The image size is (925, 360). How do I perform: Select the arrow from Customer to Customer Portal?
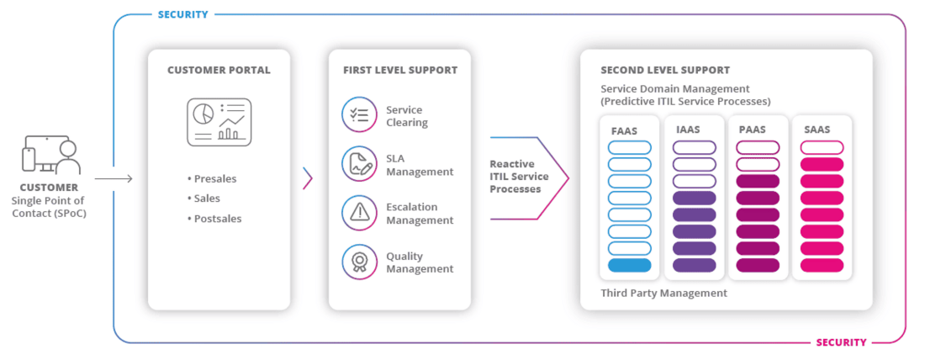pyautogui.click(x=114, y=178)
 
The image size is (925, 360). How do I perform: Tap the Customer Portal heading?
pyautogui.click(x=219, y=70)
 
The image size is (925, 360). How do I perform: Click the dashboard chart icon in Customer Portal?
pyautogui.click(x=219, y=120)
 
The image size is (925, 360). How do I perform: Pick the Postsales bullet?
pyautogui.click(x=217, y=219)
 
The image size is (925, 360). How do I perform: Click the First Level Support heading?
pyautogui.click(x=399, y=70)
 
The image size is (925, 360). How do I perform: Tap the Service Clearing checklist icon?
pyautogui.click(x=359, y=116)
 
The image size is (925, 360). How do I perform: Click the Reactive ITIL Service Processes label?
pyautogui.click(x=520, y=177)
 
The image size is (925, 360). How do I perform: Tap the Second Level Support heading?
pyautogui.click(x=665, y=70)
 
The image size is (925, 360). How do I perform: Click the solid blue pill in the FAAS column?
pyautogui.click(x=629, y=265)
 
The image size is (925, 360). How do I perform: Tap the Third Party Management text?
pyautogui.click(x=663, y=294)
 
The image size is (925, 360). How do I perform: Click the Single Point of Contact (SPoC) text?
pyautogui.click(x=50, y=207)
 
